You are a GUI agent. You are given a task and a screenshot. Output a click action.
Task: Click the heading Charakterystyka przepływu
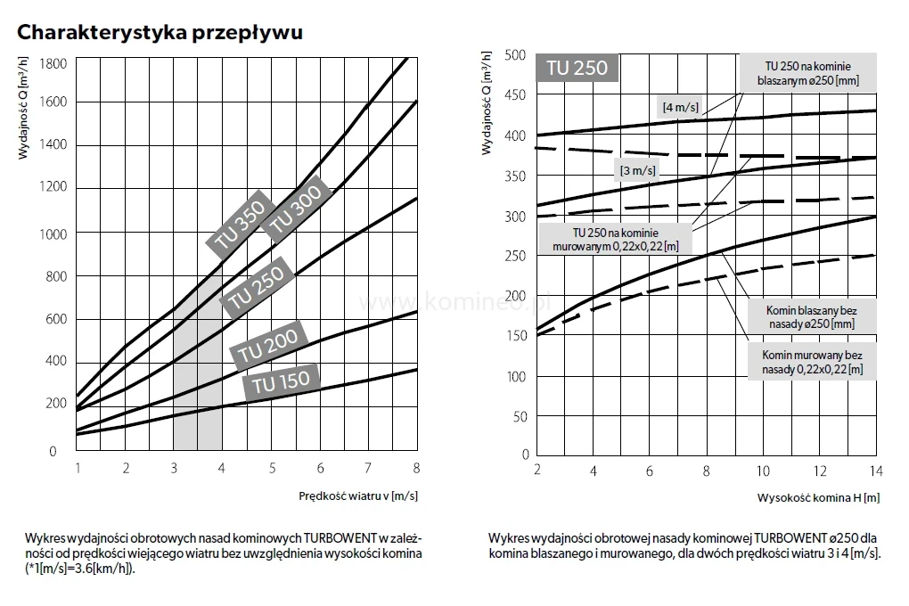pyautogui.click(x=160, y=33)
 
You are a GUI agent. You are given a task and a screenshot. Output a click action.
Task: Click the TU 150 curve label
pyautogui.click(x=281, y=381)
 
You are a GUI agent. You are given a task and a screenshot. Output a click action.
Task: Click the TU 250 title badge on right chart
pyautogui.click(x=576, y=69)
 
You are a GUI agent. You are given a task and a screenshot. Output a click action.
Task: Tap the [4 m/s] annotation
pyautogui.click(x=681, y=107)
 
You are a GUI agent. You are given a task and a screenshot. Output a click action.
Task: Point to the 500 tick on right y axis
pyautogui.click(x=515, y=54)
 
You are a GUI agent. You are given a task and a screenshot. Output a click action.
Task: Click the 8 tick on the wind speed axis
pyautogui.click(x=416, y=468)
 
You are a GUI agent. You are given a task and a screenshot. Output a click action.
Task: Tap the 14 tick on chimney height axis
pyautogui.click(x=874, y=470)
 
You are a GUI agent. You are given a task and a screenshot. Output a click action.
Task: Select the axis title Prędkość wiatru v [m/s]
pyautogui.click(x=358, y=495)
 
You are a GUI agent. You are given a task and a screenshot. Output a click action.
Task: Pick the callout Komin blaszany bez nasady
pyautogui.click(x=810, y=316)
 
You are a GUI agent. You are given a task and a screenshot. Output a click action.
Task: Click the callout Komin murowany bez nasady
pyautogui.click(x=810, y=362)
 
